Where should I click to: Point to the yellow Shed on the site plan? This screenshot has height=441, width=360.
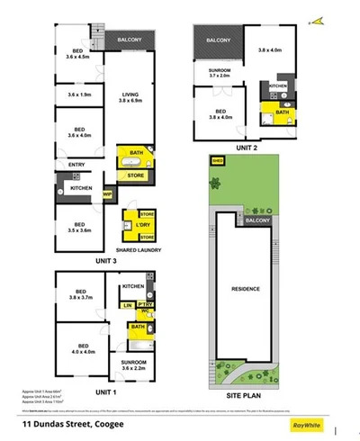(x=217, y=162)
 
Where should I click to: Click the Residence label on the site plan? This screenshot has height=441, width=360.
(x=245, y=289)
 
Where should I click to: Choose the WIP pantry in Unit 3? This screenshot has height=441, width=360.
(x=107, y=192)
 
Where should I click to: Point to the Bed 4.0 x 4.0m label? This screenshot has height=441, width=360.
(x=83, y=349)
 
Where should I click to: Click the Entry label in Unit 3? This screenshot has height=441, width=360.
(x=76, y=164)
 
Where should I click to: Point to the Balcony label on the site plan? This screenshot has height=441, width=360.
(x=257, y=220)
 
